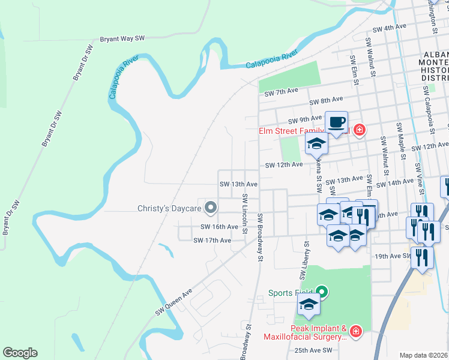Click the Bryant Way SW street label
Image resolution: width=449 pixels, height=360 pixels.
coord(122,38)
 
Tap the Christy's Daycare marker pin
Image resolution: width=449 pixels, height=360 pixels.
coord(210,208)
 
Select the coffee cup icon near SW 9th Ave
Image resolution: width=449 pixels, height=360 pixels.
coord(337,122)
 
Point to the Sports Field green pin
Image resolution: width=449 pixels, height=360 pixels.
coord(322,293)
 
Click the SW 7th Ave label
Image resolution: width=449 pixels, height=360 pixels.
coord(282,91)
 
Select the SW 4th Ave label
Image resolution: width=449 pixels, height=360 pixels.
coord(390,28)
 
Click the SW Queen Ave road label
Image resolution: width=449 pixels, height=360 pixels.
coord(173,301)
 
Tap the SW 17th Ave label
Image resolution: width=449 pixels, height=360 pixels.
coord(212,240)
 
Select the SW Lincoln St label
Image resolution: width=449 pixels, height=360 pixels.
coord(245,211)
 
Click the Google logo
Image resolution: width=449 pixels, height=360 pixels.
coord(20,353)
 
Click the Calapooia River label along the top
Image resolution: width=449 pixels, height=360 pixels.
coord(271,61)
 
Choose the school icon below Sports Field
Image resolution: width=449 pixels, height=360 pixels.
coord(309,304)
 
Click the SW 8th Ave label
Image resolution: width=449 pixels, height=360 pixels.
coord(327,100)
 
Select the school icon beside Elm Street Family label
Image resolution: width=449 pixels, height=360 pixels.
coord(317,143)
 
